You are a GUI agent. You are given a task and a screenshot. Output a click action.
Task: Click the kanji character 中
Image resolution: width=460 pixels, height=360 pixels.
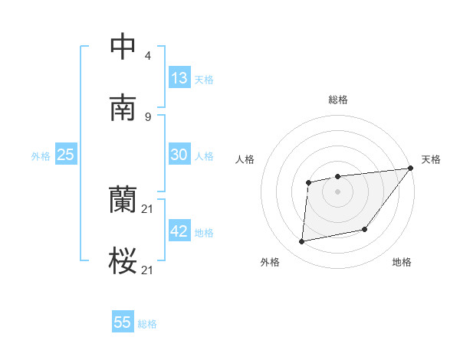[123, 47]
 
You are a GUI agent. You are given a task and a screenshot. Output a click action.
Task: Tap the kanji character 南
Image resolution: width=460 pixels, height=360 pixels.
[123, 108]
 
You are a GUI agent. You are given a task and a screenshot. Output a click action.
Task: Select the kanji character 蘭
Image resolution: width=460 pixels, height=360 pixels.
[123, 201]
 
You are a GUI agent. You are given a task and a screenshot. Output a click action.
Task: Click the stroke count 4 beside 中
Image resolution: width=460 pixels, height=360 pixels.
[147, 56]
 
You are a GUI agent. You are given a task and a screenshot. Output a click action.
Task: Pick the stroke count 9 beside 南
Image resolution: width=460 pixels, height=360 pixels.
[147, 116]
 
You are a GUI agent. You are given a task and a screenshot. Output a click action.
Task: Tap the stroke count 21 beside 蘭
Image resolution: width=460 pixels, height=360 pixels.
[148, 209]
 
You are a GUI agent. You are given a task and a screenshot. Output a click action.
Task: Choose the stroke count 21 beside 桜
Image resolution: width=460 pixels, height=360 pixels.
[148, 270]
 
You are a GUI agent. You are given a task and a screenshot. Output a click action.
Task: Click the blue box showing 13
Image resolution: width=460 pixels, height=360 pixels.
[179, 77]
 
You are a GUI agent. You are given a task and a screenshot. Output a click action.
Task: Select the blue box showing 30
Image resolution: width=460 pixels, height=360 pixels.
[179, 155]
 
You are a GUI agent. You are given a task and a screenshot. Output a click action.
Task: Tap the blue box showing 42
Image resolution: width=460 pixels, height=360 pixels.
[179, 231]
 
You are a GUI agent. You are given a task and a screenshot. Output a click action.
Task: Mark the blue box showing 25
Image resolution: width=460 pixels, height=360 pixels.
[66, 155]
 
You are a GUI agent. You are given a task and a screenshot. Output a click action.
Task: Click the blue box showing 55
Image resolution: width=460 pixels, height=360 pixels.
[123, 322]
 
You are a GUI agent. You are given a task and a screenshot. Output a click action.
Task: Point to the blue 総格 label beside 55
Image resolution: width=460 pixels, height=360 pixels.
[147, 324]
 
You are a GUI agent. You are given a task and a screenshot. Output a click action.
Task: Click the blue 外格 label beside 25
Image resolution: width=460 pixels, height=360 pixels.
[41, 156]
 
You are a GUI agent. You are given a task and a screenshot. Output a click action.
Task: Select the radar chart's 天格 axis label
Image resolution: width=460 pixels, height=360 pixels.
[431, 159]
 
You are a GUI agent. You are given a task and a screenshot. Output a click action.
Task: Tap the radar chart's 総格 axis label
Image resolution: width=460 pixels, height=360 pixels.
[337, 100]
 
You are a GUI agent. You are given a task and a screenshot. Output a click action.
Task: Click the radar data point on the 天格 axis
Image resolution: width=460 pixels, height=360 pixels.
[410, 169]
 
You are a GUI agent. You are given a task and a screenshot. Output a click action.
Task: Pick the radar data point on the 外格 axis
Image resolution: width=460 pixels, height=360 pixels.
[302, 242]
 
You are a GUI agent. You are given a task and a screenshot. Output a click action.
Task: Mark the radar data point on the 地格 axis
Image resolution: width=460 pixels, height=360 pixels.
[365, 229]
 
